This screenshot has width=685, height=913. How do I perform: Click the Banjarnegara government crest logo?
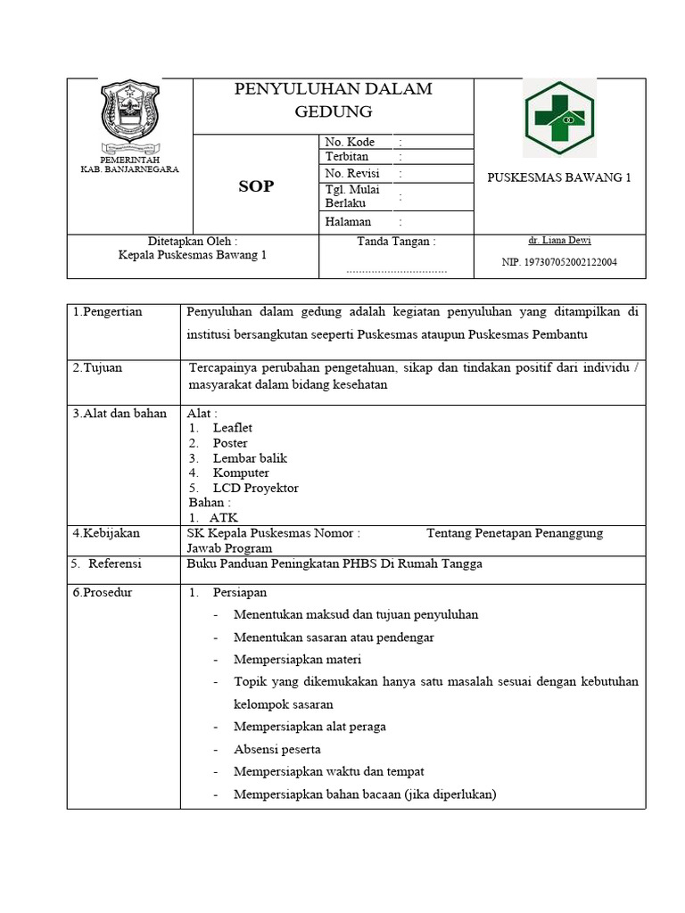(x=131, y=116)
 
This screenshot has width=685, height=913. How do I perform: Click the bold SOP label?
(x=255, y=186)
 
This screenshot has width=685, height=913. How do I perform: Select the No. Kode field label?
(x=350, y=142)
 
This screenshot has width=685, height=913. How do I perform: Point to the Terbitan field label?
(x=347, y=157)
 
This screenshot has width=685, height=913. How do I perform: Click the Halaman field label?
(x=348, y=221)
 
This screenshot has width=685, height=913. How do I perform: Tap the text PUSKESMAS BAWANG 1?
(x=559, y=177)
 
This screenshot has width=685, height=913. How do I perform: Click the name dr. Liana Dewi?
(x=559, y=241)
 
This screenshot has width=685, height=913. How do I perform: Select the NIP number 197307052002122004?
(x=559, y=262)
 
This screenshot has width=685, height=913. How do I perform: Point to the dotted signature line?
(x=396, y=268)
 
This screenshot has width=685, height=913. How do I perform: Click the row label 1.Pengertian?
(x=108, y=311)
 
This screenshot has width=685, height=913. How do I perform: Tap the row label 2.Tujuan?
(x=99, y=367)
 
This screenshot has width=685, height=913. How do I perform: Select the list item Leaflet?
(x=233, y=428)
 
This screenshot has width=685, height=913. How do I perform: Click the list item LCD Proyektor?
(x=256, y=488)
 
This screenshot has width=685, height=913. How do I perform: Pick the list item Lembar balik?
(x=250, y=458)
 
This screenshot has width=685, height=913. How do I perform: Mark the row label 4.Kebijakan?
(x=106, y=533)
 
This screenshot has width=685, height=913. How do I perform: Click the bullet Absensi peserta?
(x=276, y=749)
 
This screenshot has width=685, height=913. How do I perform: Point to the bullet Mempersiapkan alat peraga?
(x=309, y=726)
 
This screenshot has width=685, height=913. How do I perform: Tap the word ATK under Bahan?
(x=224, y=517)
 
